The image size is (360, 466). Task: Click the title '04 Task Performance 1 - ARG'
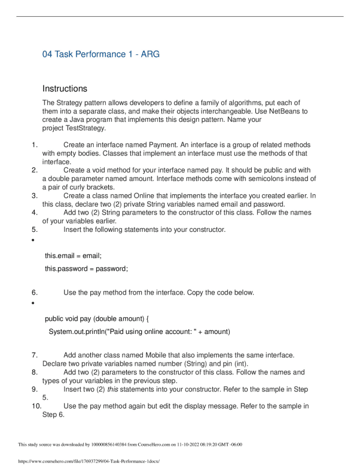[x=100, y=54]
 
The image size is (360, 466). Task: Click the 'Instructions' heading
[x=65, y=88]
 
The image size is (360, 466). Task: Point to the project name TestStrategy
[x=87, y=128]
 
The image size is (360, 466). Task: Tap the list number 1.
[x=34, y=145]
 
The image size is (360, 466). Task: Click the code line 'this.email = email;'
[x=73, y=256]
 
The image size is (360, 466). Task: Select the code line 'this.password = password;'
[x=86, y=269]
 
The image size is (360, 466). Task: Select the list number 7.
[x=34, y=355]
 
